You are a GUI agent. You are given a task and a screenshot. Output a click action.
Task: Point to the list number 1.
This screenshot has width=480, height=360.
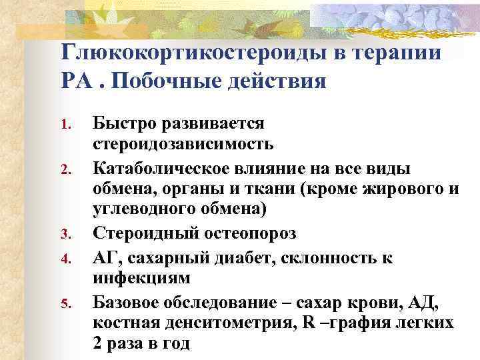tap(65, 125)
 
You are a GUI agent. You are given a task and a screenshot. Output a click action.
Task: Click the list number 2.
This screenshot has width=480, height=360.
tap(65, 169)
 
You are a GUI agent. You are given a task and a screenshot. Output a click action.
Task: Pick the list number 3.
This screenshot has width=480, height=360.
tap(65, 234)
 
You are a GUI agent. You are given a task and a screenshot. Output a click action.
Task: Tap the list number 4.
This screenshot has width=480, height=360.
tap(65, 256)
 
